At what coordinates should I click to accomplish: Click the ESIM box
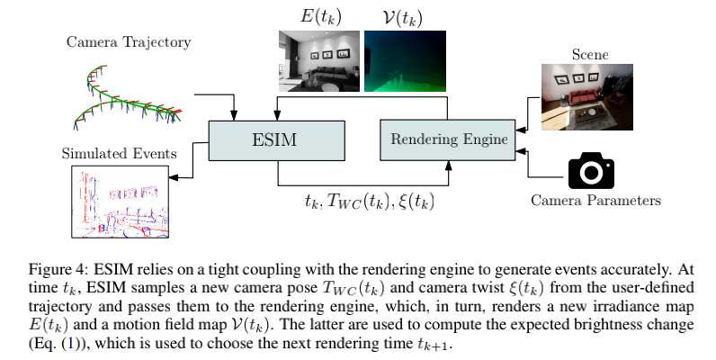(x=276, y=140)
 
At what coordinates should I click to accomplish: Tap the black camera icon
(x=591, y=169)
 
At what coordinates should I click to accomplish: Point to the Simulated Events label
(x=118, y=153)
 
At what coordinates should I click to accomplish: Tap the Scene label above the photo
(x=589, y=55)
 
